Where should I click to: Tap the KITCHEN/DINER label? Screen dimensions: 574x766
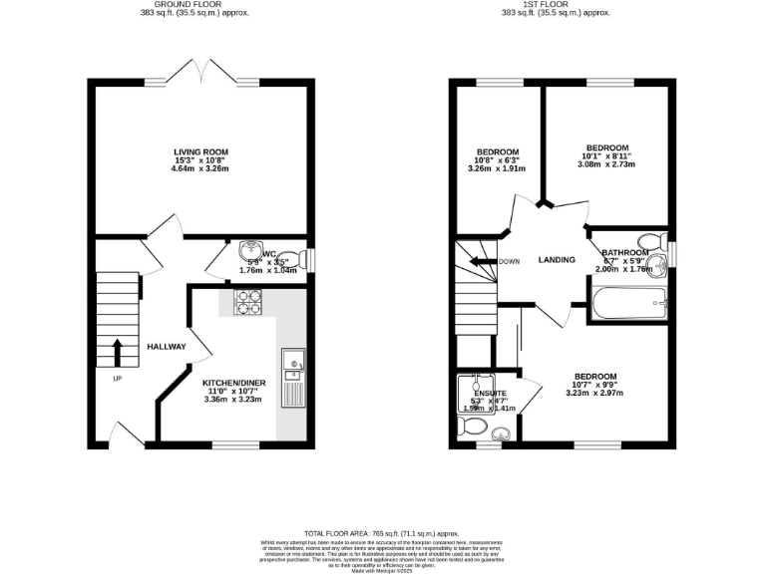click(232, 383)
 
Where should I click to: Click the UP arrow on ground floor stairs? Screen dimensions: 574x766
click(118, 353)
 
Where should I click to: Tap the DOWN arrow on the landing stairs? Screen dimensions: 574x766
click(486, 261)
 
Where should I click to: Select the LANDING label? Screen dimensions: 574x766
click(557, 260)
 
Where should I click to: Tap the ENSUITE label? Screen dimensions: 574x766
click(490, 394)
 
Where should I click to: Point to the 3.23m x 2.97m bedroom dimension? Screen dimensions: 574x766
click(598, 393)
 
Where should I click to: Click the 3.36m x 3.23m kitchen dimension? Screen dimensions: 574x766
click(232, 401)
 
